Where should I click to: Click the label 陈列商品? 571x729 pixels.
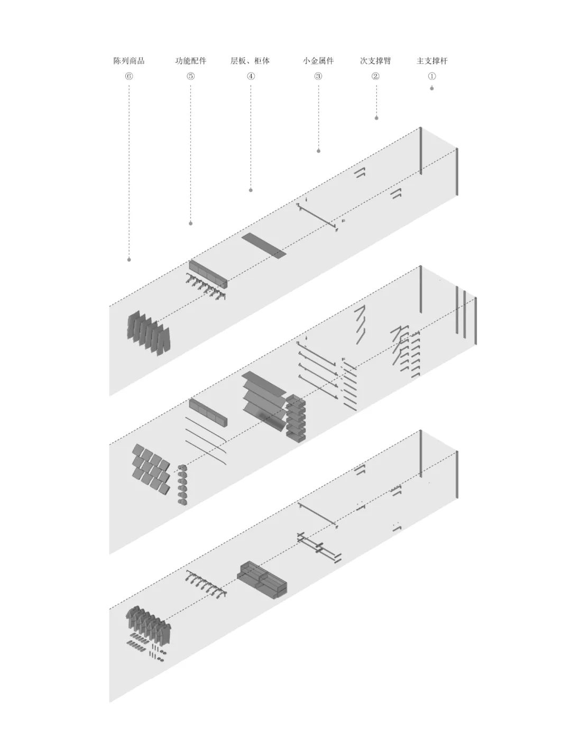click(129, 61)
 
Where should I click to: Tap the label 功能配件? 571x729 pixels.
click(191, 61)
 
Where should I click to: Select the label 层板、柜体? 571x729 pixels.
click(250, 61)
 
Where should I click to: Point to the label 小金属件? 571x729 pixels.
click(318, 61)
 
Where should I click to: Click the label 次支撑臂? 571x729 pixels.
click(375, 61)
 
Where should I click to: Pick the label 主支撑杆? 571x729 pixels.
click(432, 61)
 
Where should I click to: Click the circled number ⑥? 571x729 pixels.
click(129, 76)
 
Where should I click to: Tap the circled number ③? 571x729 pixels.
click(318, 76)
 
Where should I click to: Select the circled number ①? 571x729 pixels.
click(432, 76)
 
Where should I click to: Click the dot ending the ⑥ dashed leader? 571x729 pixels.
click(129, 260)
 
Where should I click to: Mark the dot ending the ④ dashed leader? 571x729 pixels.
click(251, 190)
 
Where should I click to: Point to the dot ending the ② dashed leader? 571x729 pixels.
click(376, 118)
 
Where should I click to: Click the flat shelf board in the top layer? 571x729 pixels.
click(264, 245)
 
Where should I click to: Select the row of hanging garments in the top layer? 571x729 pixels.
click(149, 332)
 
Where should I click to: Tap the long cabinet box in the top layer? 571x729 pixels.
click(208, 273)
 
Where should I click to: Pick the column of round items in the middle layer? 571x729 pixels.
click(182, 485)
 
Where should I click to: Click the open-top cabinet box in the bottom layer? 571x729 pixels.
click(263, 580)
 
